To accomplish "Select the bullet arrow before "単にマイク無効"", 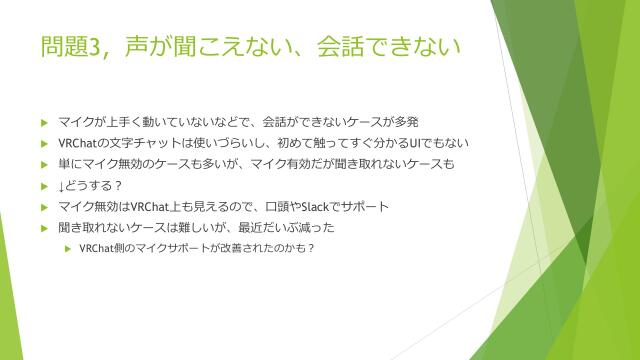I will [43, 165].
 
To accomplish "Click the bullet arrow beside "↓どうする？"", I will [43, 186].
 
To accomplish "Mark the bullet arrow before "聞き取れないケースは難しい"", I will [43, 228].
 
